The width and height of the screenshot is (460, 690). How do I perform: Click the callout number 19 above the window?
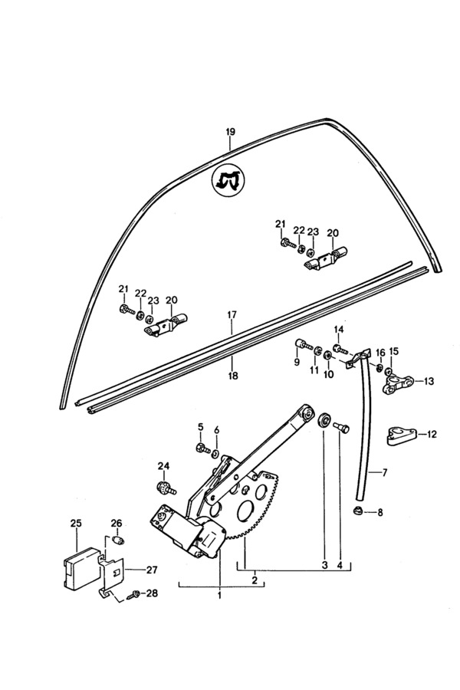tap(229, 133)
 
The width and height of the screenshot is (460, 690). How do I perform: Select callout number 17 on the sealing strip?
tap(232, 315)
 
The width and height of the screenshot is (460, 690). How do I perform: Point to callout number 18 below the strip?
tap(232, 376)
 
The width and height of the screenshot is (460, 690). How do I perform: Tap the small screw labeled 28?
tap(135, 593)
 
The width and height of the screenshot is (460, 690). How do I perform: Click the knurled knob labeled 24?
tap(163, 488)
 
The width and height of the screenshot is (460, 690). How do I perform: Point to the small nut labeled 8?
tap(357, 511)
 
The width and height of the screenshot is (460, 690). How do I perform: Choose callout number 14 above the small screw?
tap(338, 330)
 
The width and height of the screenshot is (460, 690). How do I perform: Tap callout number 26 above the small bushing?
tap(117, 524)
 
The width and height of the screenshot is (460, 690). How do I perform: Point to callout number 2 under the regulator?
tap(255, 580)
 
